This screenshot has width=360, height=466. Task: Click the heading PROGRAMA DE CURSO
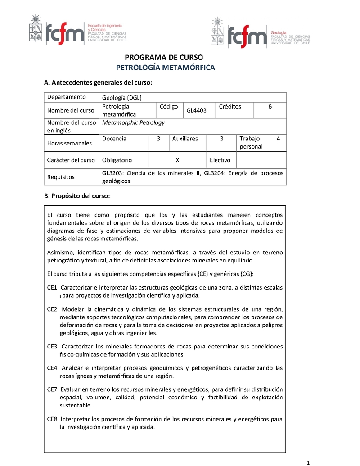[164, 57]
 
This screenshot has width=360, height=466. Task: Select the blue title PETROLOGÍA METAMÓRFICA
[166, 68]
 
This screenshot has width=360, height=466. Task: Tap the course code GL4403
[196, 110]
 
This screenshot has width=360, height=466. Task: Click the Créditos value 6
[270, 106]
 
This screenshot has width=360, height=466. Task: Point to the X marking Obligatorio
[177, 160]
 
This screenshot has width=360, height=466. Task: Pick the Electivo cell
[220, 160]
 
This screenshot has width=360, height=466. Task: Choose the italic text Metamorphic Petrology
[133, 122]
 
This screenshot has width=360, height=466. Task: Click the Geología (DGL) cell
[121, 97]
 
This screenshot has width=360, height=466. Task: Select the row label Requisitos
[61, 177]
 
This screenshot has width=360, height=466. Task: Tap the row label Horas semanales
[69, 143]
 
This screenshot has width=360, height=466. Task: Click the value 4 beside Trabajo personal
[278, 139]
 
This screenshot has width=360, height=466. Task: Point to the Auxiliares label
[185, 139]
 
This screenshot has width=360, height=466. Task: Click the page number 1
[308, 462]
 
